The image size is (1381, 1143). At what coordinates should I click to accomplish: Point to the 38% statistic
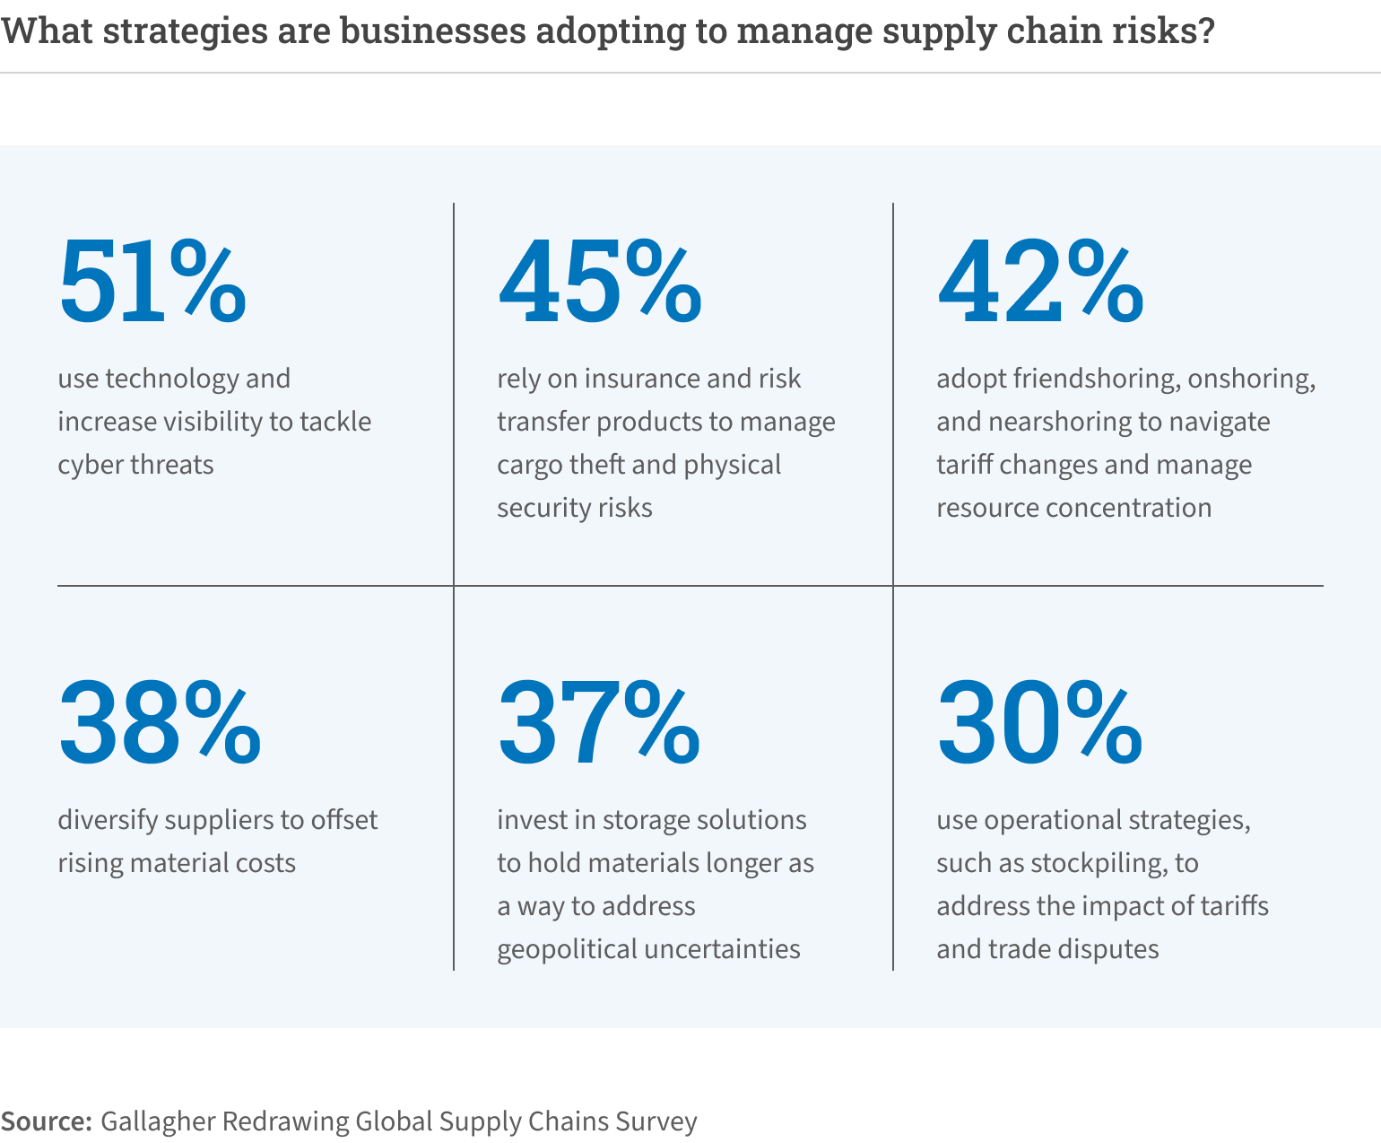coord(160,723)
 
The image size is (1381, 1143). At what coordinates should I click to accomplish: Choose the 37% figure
coord(598,723)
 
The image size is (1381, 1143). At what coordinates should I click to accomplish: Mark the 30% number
coord(1039,723)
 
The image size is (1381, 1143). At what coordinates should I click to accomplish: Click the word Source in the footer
coord(47,1121)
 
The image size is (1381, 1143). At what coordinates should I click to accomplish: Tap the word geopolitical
coord(567,949)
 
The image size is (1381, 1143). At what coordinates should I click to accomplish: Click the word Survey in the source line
coord(654,1121)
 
